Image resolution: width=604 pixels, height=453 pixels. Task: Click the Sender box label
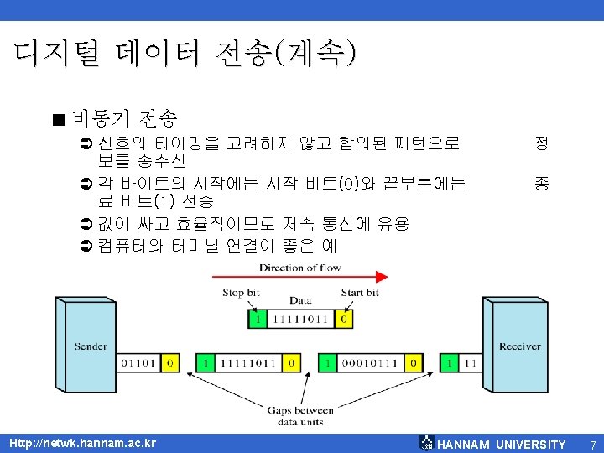pyautogui.click(x=91, y=346)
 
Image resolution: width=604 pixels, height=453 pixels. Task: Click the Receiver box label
pyautogui.click(x=520, y=346)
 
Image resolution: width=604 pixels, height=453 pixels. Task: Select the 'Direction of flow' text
pyautogui.click(x=300, y=268)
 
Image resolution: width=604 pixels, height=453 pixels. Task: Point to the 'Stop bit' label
pyautogui.click(x=241, y=293)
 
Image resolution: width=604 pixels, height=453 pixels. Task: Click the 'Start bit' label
pyautogui.click(x=360, y=293)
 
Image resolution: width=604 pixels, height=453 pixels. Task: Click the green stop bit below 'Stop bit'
pyautogui.click(x=258, y=320)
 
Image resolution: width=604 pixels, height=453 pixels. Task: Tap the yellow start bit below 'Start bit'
pyautogui.click(x=342, y=320)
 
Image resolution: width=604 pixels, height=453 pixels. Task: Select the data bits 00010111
pyautogui.click(x=369, y=363)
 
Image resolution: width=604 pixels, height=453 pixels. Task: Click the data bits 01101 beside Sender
pyautogui.click(x=138, y=363)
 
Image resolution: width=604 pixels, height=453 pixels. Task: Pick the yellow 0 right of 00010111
pyautogui.click(x=412, y=363)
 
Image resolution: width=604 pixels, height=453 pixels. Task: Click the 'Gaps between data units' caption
pyautogui.click(x=300, y=415)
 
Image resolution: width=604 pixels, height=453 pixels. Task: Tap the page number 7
pyautogui.click(x=592, y=444)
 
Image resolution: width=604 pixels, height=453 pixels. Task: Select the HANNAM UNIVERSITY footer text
pyautogui.click(x=502, y=444)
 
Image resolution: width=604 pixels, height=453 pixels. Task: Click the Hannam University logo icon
pyautogui.click(x=427, y=443)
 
